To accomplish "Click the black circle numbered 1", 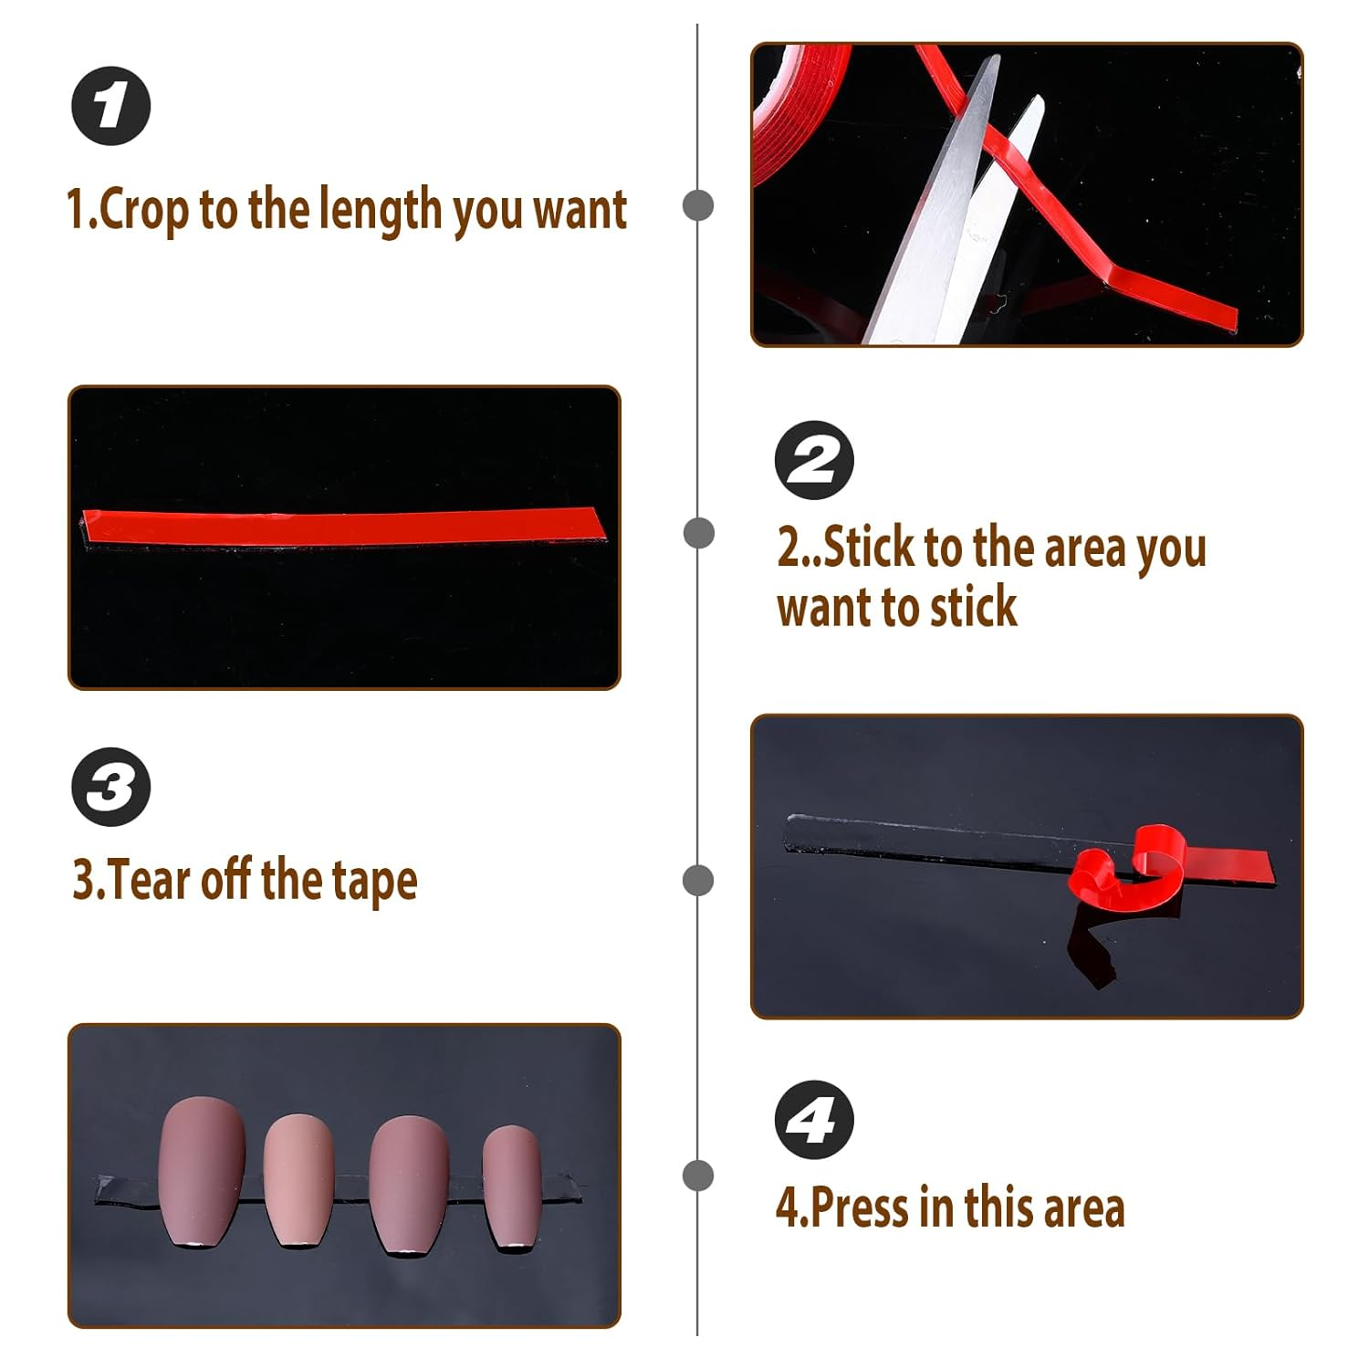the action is (x=111, y=106).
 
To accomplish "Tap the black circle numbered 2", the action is (x=814, y=460).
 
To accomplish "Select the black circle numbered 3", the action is (x=111, y=787).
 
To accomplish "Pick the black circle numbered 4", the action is (x=814, y=1120).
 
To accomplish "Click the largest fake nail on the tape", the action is (x=202, y=1172).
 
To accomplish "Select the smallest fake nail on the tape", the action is (x=512, y=1187).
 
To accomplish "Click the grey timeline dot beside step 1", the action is (x=698, y=204).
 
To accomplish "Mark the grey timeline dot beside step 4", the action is (x=698, y=1176).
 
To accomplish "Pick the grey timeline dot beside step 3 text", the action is (x=698, y=881).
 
